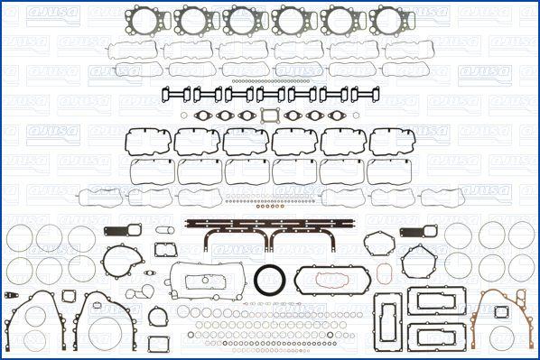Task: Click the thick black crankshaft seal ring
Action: coord(270,280)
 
